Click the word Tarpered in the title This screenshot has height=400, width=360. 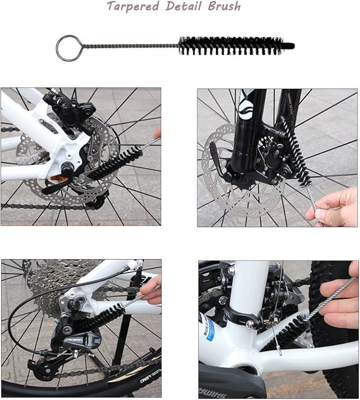(133, 6)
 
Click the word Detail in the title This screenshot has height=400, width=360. (183, 6)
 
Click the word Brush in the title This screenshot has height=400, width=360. (224, 6)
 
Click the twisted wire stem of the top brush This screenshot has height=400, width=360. (130, 46)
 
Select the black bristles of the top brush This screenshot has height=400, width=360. (231, 46)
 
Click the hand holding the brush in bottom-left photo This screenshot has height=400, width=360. (150, 291)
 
